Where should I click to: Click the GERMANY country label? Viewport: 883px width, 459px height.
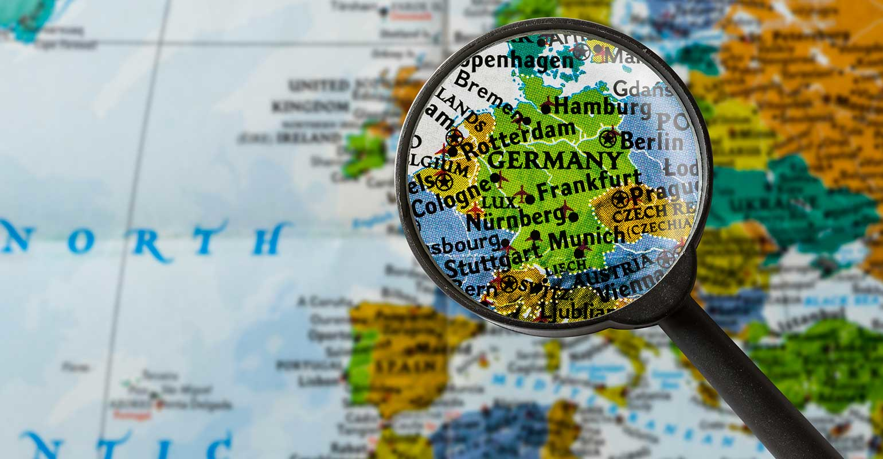pos(554,160)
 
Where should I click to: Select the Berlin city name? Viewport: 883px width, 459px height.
pos(653,141)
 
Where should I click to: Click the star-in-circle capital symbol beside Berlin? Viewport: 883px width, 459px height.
pos(608,138)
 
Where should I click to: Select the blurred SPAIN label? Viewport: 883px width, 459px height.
pos(404,365)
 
